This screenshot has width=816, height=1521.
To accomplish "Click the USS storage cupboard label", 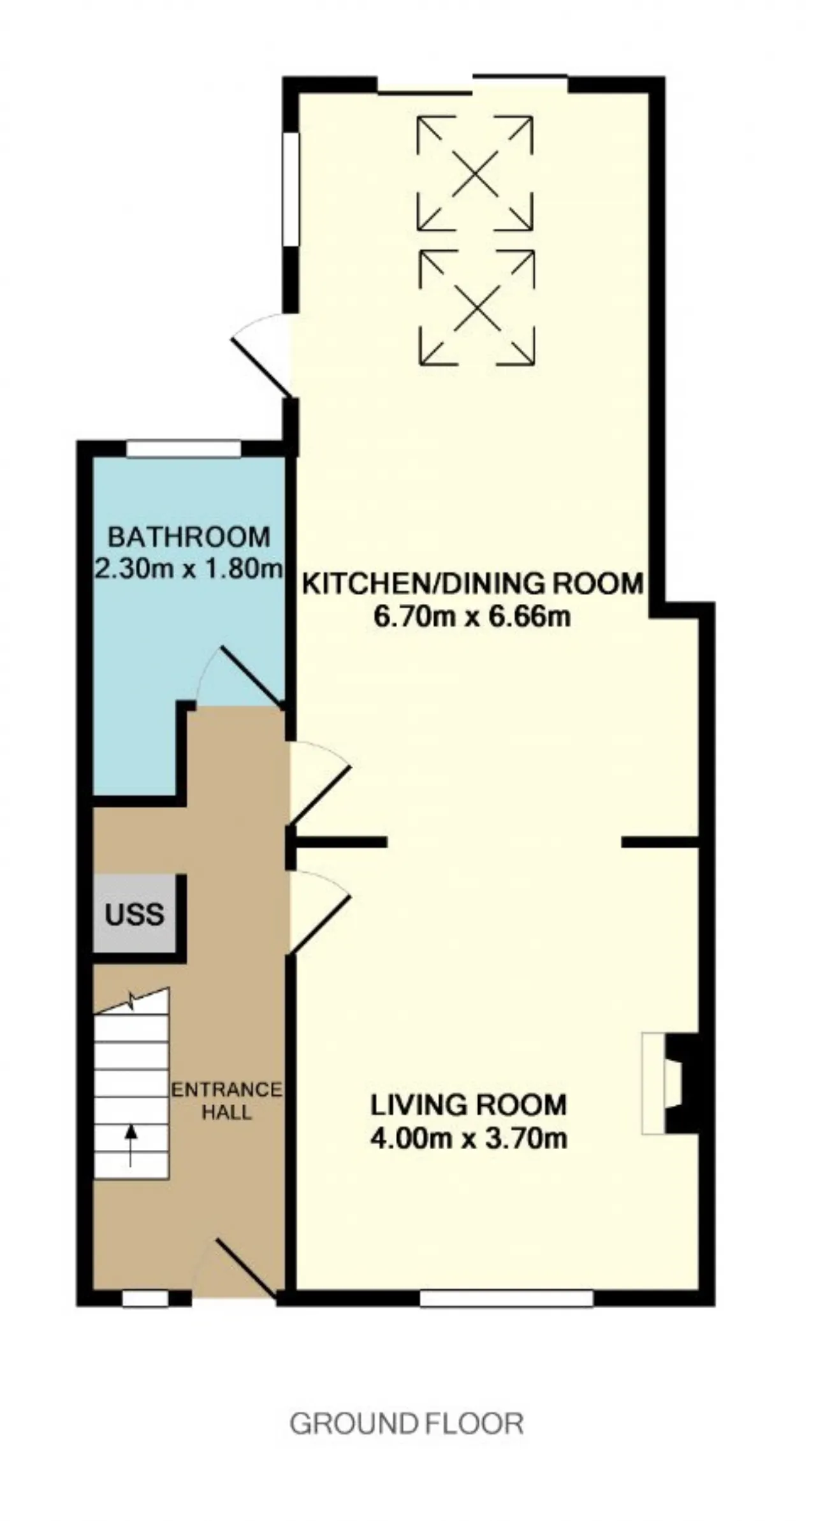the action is (x=135, y=915).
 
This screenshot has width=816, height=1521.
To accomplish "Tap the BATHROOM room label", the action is (x=189, y=537).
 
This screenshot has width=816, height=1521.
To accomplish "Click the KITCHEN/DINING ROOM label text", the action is (x=472, y=584).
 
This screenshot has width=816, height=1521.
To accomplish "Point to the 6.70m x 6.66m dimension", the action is (x=472, y=617).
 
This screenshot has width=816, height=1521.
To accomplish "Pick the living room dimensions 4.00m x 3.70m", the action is (x=469, y=1138).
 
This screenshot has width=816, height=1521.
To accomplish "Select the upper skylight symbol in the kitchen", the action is (x=475, y=173).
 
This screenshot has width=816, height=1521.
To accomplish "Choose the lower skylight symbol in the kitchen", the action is (x=477, y=307).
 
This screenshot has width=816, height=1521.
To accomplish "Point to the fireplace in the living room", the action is (x=669, y=1084).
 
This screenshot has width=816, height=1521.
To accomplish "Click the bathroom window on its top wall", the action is (x=184, y=449).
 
